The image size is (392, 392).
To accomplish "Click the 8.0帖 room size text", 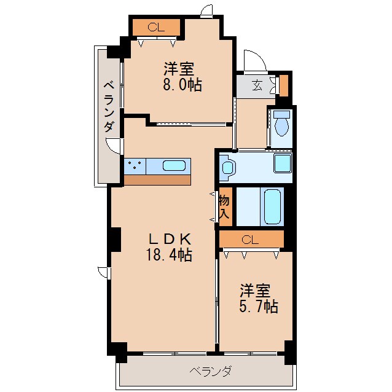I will [x=182, y=85].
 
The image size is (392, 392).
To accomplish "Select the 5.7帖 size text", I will [x=259, y=305].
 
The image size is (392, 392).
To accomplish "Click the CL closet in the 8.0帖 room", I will [x=157, y=27].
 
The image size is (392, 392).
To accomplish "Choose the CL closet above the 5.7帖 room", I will [x=251, y=239].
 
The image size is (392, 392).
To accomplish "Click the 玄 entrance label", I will [x=257, y=85].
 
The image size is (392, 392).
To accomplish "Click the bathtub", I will [x=273, y=207].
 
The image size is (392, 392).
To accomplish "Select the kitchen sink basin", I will [x=174, y=165].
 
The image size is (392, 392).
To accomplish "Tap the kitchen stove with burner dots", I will [x=135, y=165].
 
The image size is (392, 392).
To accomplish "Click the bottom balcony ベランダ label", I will [x=211, y=371].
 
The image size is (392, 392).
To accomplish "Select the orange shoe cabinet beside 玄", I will [x=283, y=85].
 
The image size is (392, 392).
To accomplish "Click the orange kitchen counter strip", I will [x=157, y=180].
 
